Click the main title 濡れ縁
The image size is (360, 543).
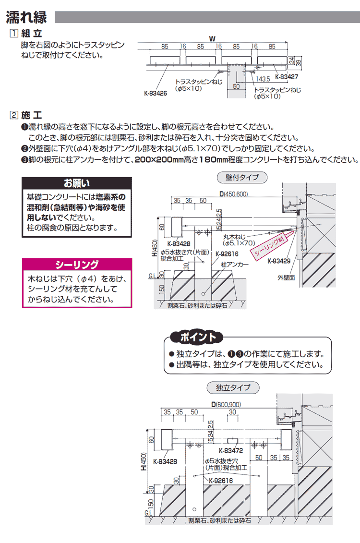[x=26, y=17]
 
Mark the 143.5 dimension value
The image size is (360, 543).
[x=264, y=79]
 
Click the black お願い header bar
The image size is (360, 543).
[x=77, y=183]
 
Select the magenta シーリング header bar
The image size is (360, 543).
[x=77, y=265]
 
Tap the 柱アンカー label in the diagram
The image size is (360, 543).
[x=235, y=265]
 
